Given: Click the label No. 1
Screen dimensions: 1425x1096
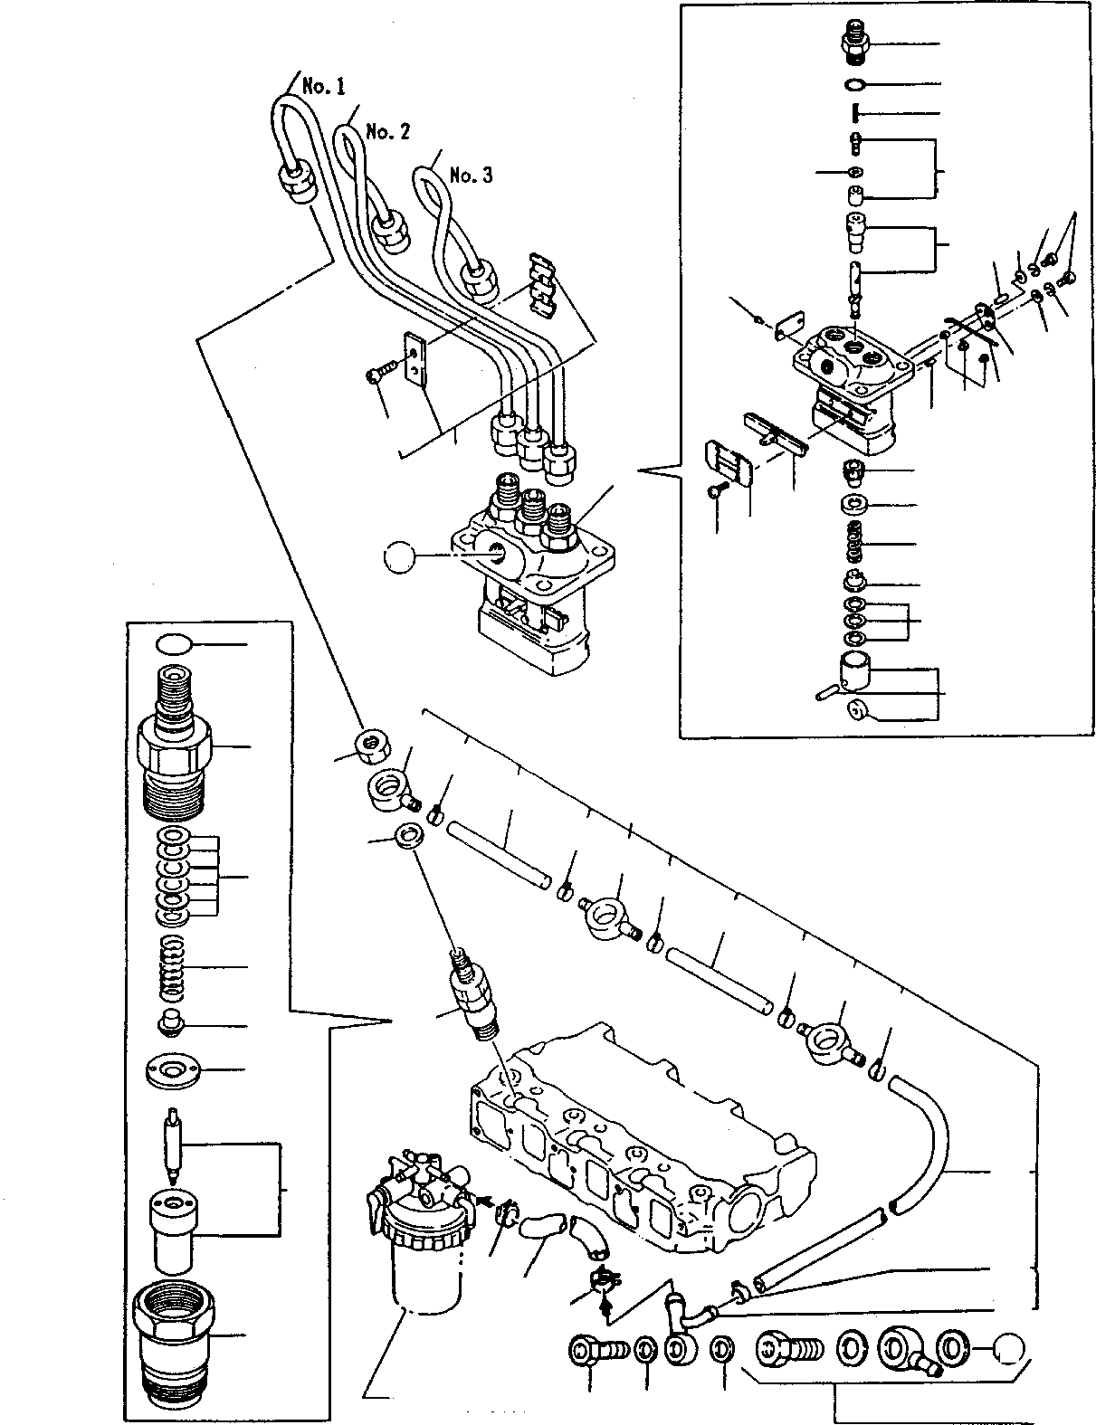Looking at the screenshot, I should pyautogui.click(x=323, y=87).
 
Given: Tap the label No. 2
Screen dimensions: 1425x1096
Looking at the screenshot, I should pyautogui.click(x=387, y=132).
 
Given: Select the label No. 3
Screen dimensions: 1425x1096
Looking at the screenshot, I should pyautogui.click(x=471, y=176).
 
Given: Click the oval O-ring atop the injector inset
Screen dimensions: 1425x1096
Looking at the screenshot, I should pyautogui.click(x=174, y=645).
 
